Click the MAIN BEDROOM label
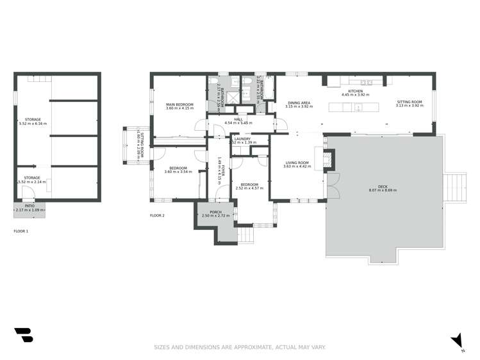pyautogui.click(x=180, y=104)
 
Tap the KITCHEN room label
pyautogui.click(x=355, y=92)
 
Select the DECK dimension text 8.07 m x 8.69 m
pyautogui.click(x=383, y=191)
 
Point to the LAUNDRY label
pyautogui.click(x=242, y=138)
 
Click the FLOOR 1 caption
pyautogui.click(x=21, y=231)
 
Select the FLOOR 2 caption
pyautogui.click(x=157, y=216)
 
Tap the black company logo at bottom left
pyautogui.click(x=23, y=335)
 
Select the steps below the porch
pyautogui.click(x=246, y=235)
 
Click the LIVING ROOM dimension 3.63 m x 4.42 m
pyautogui.click(x=297, y=167)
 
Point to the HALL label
pyautogui.click(x=238, y=119)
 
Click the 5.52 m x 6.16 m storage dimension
pyautogui.click(x=33, y=124)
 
